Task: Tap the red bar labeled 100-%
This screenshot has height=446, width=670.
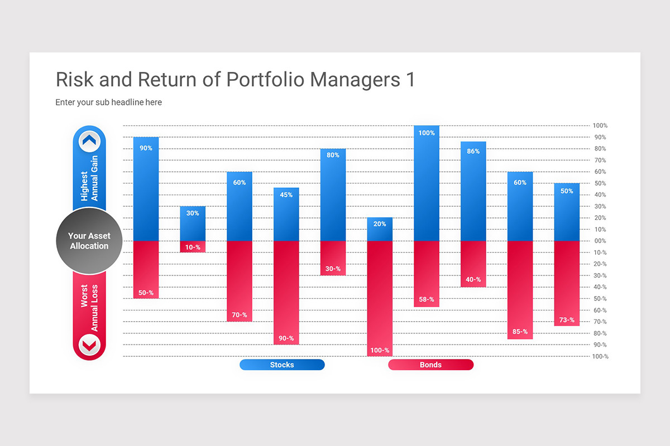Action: pyautogui.click(x=380, y=298)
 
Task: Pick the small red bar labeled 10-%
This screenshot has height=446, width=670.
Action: pyautogui.click(x=193, y=246)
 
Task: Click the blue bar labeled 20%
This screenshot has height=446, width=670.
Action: pyautogui.click(x=380, y=229)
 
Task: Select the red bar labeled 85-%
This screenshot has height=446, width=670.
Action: pyautogui.click(x=520, y=290)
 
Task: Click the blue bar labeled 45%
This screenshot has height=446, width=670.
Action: pyautogui.click(x=286, y=215)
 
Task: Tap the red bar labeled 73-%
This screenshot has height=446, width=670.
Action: pyautogui.click(x=567, y=283)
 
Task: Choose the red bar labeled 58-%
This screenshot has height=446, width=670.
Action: pyautogui.click(x=427, y=273)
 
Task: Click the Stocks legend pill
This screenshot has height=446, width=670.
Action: pyautogui.click(x=282, y=365)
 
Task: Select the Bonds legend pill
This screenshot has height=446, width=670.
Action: pyautogui.click(x=430, y=365)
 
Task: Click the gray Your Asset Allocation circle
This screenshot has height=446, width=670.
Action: pyautogui.click(x=89, y=241)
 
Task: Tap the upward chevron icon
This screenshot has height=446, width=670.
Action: pyautogui.click(x=89, y=142)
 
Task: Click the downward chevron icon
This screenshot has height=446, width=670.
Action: pyautogui.click(x=89, y=345)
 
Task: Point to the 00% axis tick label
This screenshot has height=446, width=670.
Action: pyautogui.click(x=600, y=241)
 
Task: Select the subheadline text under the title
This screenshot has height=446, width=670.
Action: pyautogui.click(x=108, y=102)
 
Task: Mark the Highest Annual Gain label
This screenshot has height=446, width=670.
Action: pyautogui.click(x=89, y=178)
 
